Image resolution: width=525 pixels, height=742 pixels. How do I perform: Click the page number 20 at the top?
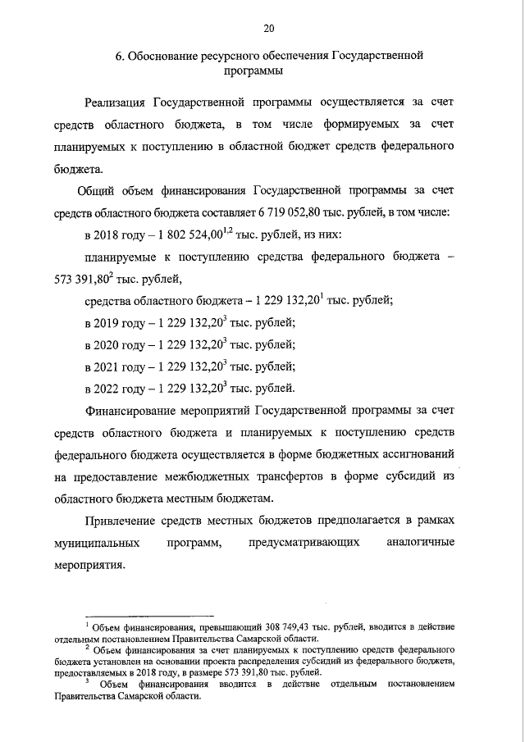pos(267,29)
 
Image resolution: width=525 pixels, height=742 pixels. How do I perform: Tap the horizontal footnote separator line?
pos(149,614)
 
